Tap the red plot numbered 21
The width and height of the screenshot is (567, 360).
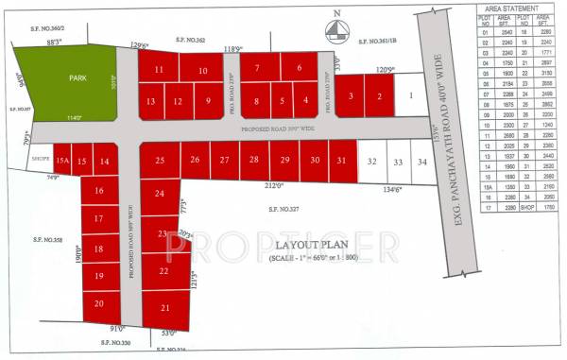click(165, 308)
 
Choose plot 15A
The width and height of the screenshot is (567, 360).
click(62, 162)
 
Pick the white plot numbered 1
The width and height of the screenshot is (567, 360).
click(410, 95)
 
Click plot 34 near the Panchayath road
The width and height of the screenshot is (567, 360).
click(421, 163)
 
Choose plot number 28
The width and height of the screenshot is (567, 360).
click(253, 161)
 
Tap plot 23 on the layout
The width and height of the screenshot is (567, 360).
click(163, 233)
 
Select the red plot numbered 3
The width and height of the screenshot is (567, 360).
click(351, 95)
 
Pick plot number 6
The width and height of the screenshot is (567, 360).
click(298, 68)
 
